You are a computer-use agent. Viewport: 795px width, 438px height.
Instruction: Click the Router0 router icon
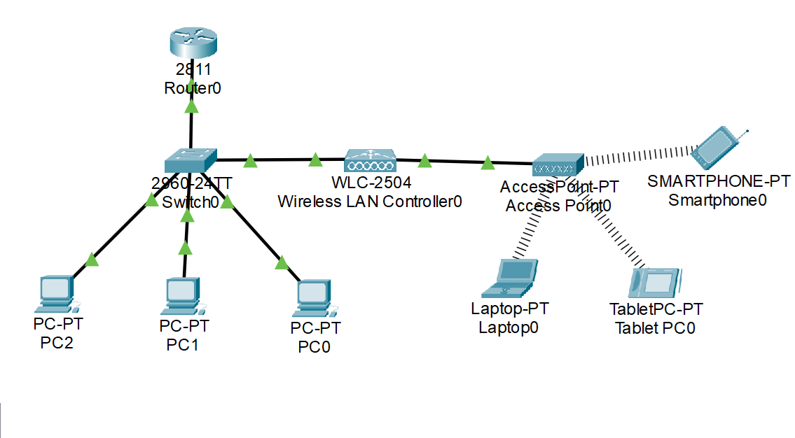(190, 44)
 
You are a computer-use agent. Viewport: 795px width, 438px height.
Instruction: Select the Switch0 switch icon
(191, 162)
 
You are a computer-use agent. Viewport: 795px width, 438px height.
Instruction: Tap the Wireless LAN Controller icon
(370, 162)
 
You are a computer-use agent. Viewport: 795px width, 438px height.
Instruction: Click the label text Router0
(188, 88)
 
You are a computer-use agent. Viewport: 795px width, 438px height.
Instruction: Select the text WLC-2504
(371, 183)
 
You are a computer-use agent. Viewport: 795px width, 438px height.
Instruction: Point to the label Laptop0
(509, 327)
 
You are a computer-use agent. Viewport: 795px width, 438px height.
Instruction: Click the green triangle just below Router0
(191, 106)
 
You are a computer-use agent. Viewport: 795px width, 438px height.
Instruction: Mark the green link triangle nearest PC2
(92, 260)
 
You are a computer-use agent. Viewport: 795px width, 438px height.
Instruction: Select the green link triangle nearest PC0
(282, 263)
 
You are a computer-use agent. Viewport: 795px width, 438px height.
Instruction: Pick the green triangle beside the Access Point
(488, 164)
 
